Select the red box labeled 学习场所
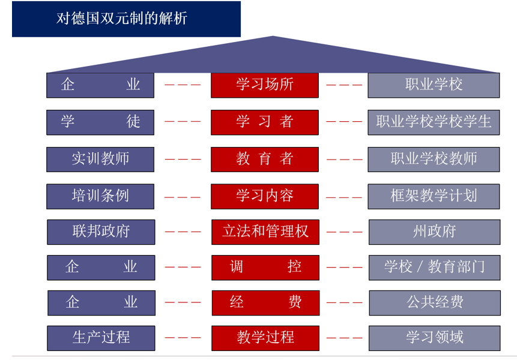265,85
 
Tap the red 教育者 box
265,159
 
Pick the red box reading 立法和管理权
265,232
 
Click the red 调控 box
265,267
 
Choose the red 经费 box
265,302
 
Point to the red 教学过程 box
265,338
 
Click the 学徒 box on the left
100,122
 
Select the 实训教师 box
100,159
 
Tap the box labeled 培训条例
100,196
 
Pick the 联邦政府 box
101,232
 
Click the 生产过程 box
101,338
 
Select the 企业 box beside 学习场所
100,85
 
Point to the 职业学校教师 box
434,159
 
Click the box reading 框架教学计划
434,196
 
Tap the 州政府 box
434,232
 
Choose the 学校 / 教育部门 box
434,267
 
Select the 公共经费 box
434,302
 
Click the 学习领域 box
434,338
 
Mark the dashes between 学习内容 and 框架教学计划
344,197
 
